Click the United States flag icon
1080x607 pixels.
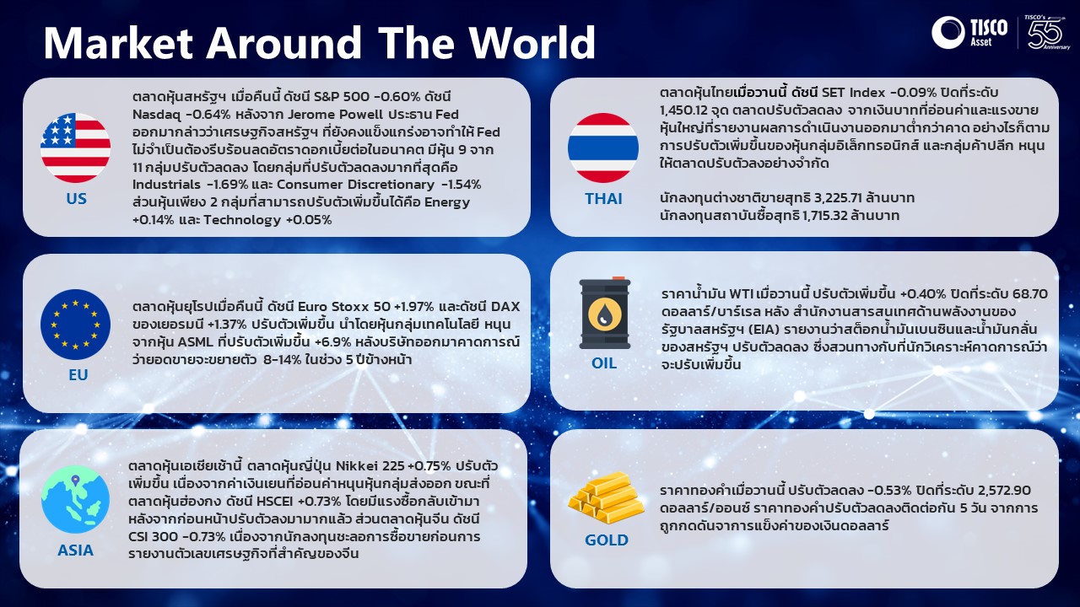tap(76, 148)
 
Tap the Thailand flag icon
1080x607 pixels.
tap(603, 148)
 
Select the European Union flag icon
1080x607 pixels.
tap(76, 325)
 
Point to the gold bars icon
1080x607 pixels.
tap(606, 497)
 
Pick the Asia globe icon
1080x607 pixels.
tap(76, 500)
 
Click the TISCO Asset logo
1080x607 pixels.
tap(969, 32)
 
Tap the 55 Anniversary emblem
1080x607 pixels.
tap(1048, 32)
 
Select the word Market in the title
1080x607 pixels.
tap(119, 42)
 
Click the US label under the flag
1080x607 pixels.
tap(76, 198)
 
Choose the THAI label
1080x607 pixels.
tap(603, 198)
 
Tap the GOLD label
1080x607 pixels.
tap(607, 540)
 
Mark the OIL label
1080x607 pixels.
tap(604, 363)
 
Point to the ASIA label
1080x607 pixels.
tap(76, 551)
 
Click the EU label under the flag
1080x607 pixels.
tap(78, 375)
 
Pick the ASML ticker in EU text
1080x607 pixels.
tap(195, 342)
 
